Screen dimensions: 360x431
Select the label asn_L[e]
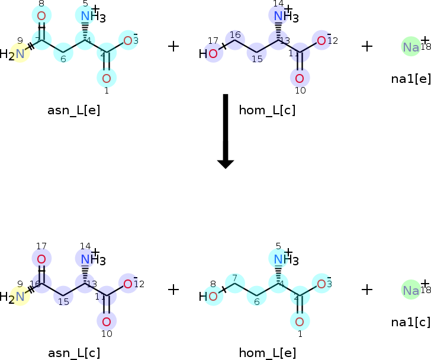(x=74, y=110)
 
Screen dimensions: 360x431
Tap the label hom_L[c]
(x=267, y=110)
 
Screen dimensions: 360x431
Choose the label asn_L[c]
(x=74, y=353)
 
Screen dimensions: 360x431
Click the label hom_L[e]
(x=267, y=353)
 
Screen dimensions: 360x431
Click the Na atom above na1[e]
(x=410, y=47)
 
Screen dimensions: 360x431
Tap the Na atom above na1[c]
(x=410, y=290)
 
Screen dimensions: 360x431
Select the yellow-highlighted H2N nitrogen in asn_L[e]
(x=21, y=54)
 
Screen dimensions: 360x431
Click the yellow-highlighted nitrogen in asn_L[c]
(x=21, y=298)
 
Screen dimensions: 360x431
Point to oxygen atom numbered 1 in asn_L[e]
(x=107, y=78)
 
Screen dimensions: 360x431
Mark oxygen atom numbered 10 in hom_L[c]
(x=300, y=78)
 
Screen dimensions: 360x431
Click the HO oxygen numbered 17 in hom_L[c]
(x=213, y=54)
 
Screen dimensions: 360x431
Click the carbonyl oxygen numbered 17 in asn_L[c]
(x=41, y=259)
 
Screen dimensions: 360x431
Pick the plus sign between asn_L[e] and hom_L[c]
(x=173, y=46)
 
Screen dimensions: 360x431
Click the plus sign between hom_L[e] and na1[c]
(x=367, y=290)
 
